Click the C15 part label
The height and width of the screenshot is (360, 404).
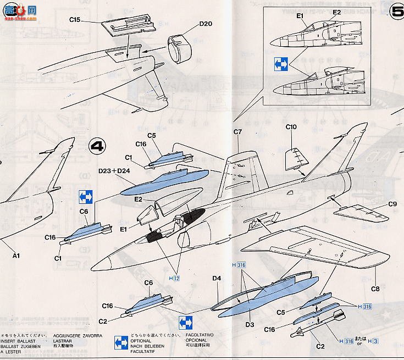pos(75,20)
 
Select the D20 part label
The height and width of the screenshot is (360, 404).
pos(205,24)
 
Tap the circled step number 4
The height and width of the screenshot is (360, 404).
pos(97,147)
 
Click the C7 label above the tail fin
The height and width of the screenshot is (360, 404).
pos(237,132)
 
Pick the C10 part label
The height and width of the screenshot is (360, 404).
pos(291,127)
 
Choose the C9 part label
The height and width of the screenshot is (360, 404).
pos(392,204)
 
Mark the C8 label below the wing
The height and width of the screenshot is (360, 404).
pos(375,289)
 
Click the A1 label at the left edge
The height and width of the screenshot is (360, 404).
pos(16,255)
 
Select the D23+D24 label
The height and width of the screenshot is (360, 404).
pos(114,171)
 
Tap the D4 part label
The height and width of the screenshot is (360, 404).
pos(217,279)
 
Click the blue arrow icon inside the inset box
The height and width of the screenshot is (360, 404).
pos(281,65)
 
